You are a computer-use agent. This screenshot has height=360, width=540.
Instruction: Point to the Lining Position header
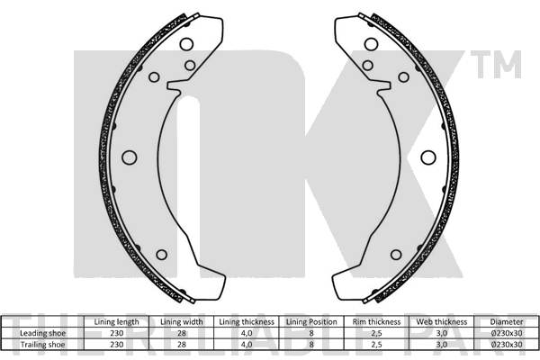click(310, 321)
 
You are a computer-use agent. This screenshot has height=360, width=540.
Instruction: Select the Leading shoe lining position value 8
click(310, 332)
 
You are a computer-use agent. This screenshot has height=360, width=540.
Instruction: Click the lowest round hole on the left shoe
click(161, 255)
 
